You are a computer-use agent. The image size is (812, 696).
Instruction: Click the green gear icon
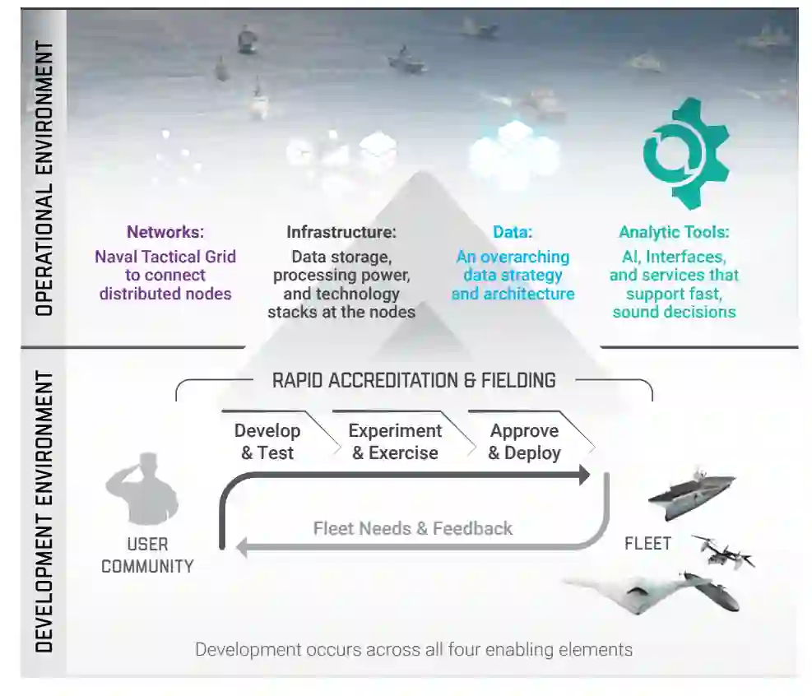tap(685, 153)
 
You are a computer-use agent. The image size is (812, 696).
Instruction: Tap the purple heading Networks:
tap(165, 233)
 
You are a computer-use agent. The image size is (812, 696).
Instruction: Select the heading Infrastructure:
tap(341, 233)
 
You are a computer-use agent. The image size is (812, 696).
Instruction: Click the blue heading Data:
tap(512, 233)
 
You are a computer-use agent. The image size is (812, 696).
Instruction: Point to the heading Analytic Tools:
tap(674, 233)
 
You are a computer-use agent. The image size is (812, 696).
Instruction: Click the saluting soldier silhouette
tap(142, 487)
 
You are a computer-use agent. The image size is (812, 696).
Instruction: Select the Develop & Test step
tap(267, 442)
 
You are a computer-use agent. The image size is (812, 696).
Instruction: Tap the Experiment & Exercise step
tap(395, 442)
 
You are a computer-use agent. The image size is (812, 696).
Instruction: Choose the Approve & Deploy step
tap(524, 442)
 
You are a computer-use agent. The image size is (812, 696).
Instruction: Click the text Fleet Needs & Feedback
tap(413, 528)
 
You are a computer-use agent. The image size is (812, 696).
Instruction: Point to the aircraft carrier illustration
tap(691, 494)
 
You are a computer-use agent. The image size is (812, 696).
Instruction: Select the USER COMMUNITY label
tap(147, 555)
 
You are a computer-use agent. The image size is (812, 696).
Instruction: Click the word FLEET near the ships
tap(647, 543)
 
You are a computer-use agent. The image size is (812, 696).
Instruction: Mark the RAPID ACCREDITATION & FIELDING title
tap(414, 380)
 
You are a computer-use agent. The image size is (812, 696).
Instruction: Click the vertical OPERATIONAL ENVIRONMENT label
tap(44, 178)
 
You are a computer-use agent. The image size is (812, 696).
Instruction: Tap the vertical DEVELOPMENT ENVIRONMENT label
tap(44, 511)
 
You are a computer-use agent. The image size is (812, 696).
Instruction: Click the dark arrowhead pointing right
tap(584, 475)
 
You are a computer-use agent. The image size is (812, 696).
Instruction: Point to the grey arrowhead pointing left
tap(243, 546)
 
